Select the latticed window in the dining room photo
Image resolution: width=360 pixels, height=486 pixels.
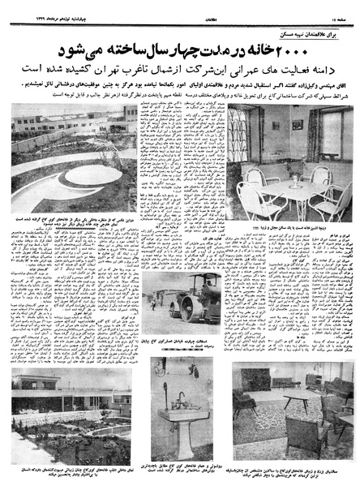[x=240, y=133]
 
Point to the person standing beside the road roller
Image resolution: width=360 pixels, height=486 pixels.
[x=154, y=303]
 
